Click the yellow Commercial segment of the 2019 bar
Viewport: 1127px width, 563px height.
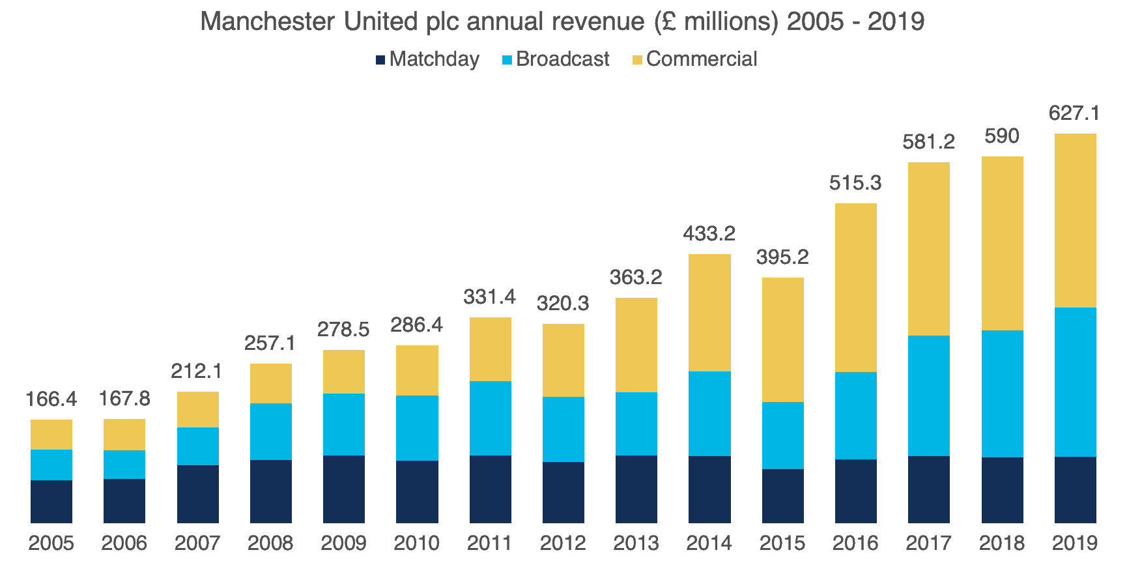[x=1075, y=220]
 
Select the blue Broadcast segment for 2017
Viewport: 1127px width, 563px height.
[x=928, y=396]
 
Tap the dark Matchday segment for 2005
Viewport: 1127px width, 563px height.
[x=51, y=501]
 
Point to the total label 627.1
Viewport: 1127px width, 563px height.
[x=1074, y=113]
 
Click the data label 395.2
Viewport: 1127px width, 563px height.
[x=782, y=257]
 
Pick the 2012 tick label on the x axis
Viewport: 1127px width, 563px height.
[x=563, y=543]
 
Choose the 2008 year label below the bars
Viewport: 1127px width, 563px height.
[x=270, y=543]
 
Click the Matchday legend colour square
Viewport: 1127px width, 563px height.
[x=380, y=60]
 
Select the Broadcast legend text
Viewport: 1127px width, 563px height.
[x=562, y=59]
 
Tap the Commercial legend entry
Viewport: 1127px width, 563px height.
[x=701, y=59]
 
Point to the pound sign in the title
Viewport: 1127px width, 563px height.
[x=666, y=22]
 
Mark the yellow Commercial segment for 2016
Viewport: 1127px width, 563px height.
[x=855, y=287]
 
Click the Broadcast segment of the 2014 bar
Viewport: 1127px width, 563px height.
[x=709, y=413]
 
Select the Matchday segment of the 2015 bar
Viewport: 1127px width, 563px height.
[x=782, y=495]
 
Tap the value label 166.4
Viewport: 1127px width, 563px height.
[x=51, y=399]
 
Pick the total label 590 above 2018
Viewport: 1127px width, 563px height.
[x=1001, y=136]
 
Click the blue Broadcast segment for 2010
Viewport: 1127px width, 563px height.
[x=417, y=427]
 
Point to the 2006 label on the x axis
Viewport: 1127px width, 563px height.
[x=124, y=543]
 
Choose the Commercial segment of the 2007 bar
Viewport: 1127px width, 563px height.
[x=197, y=409]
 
